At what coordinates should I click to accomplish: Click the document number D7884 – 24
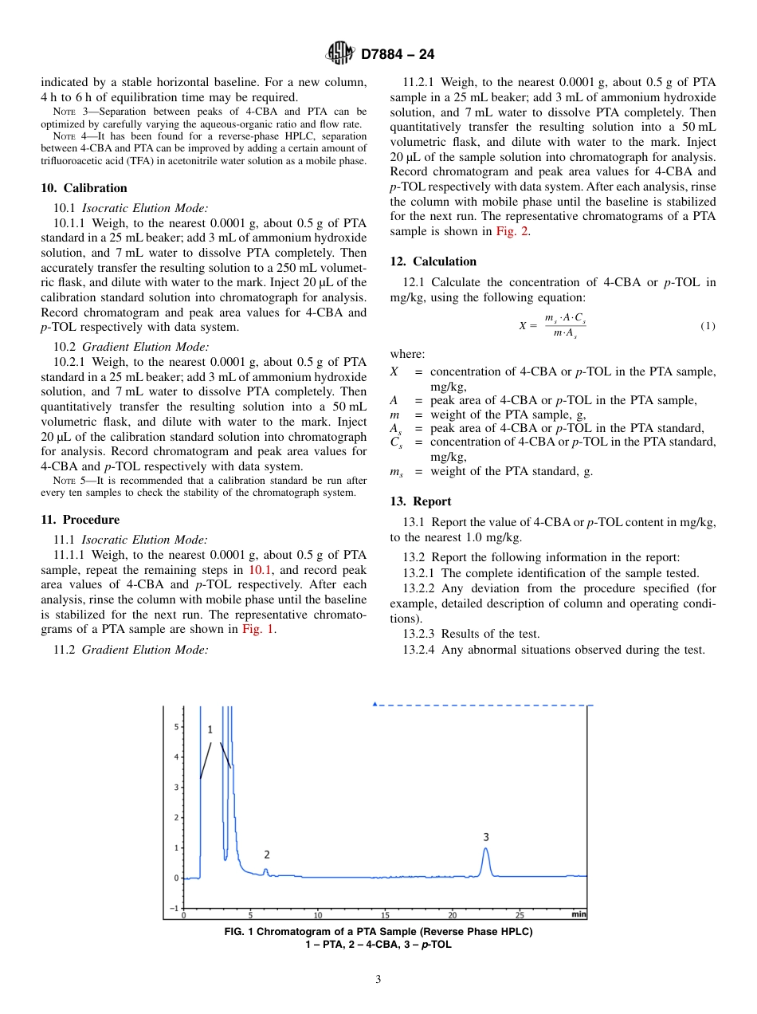398,55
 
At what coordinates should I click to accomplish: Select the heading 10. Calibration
84,188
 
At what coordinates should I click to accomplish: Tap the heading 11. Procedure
80,520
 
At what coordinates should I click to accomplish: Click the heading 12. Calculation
433,261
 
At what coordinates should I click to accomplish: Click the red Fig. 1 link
259,629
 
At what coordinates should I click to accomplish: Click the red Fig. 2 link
512,231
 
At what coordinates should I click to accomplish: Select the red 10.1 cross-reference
261,570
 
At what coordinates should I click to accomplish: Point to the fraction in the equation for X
565,326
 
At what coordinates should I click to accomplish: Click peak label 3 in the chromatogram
486,836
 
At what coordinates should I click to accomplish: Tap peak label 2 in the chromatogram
267,854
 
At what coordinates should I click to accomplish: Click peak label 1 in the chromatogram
210,729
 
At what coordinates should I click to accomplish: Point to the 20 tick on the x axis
452,914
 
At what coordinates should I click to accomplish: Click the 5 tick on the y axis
175,727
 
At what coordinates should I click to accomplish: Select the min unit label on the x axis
579,914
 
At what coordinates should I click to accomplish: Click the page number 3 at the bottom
378,979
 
